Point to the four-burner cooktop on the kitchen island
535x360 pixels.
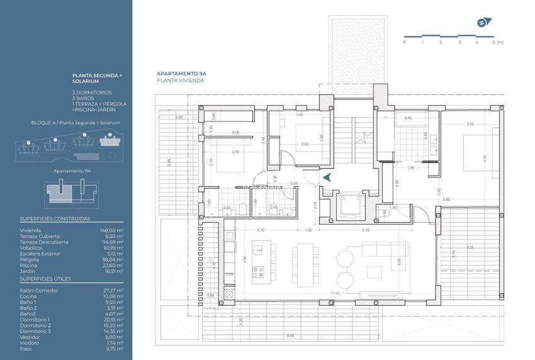pos(258,273)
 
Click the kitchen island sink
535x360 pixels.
pos(258,250)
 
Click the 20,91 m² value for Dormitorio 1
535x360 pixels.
pos(114,319)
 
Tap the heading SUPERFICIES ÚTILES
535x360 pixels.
pos(45,278)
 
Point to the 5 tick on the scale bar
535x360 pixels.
pos(495,42)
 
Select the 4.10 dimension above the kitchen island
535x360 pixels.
pos(261,230)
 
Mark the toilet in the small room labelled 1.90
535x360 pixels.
pos(385,214)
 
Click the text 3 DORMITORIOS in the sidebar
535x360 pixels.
pos(92,93)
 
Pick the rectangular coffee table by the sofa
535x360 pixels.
pos(374,273)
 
